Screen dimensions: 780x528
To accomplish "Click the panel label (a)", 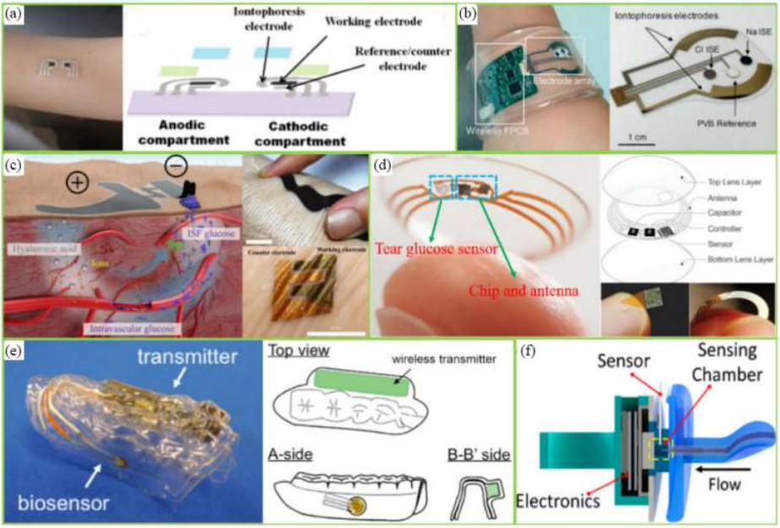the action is pyautogui.click(x=15, y=14).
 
